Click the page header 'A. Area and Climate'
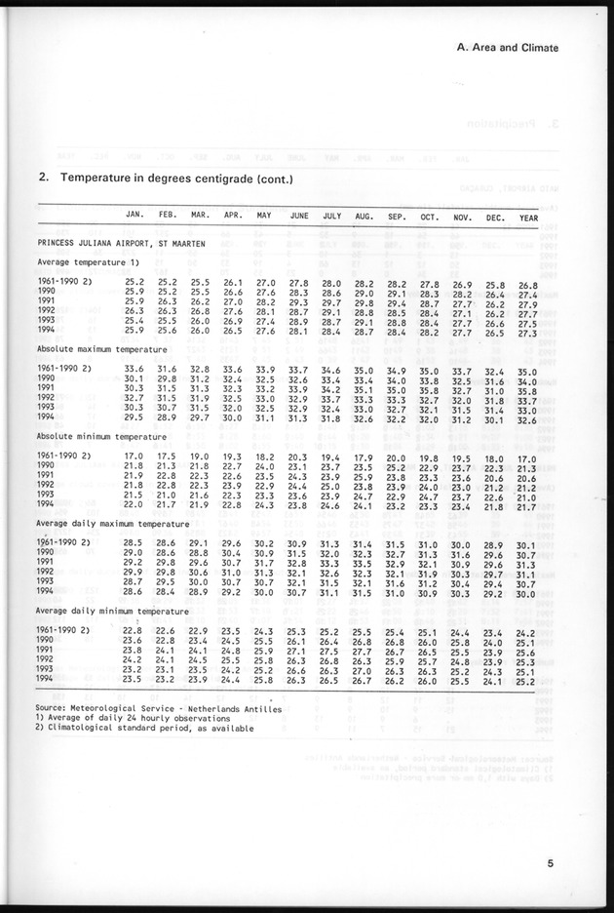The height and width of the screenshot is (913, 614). point(514,47)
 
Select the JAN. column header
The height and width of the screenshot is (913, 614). point(135,217)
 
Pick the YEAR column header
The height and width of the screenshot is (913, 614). point(528,217)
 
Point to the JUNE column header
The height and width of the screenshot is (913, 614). point(298,217)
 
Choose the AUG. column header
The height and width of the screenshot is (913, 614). point(364,217)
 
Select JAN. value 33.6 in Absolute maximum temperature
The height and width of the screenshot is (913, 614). point(134,370)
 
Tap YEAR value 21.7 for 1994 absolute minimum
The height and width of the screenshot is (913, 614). point(526,506)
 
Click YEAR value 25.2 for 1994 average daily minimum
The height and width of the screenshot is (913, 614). point(526,681)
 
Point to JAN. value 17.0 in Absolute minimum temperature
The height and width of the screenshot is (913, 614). point(134,456)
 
